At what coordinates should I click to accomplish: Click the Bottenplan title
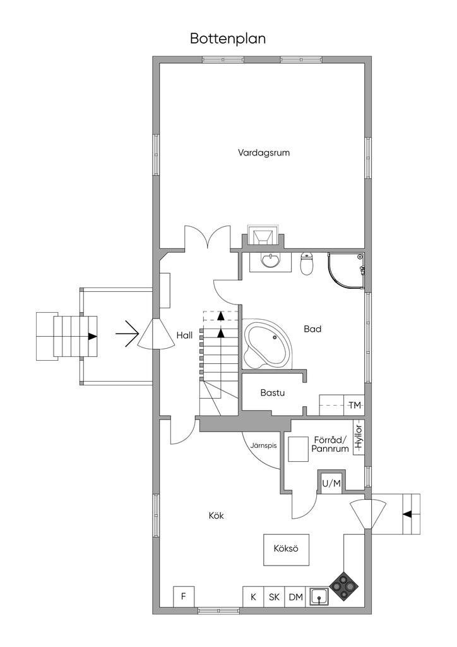pyautogui.click(x=227, y=39)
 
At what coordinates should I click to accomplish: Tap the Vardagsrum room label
pyautogui.click(x=264, y=153)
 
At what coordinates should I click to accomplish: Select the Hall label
pyautogui.click(x=184, y=335)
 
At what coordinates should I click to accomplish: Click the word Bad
pyautogui.click(x=312, y=329)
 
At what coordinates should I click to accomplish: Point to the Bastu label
pyautogui.click(x=273, y=392)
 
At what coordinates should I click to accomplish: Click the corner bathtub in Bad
pyautogui.click(x=267, y=343)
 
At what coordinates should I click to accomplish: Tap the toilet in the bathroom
pyautogui.click(x=307, y=263)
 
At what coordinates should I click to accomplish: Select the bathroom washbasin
pyautogui.click(x=270, y=261)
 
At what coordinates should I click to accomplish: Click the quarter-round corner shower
pyautogui.click(x=346, y=272)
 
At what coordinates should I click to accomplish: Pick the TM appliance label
pyautogui.click(x=354, y=405)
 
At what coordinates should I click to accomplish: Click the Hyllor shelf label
pyautogui.click(x=359, y=437)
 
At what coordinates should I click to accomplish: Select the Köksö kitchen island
pyautogui.click(x=286, y=550)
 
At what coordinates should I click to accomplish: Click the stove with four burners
pyautogui.click(x=344, y=586)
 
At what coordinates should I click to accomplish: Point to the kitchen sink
pyautogui.click(x=319, y=596)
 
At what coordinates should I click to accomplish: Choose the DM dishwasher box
pyautogui.click(x=295, y=596)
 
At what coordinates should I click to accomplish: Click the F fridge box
pyautogui.click(x=184, y=596)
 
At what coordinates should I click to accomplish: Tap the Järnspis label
pyautogui.click(x=263, y=445)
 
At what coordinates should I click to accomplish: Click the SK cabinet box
pyautogui.click(x=274, y=596)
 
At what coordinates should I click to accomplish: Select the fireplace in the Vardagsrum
pyautogui.click(x=263, y=236)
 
